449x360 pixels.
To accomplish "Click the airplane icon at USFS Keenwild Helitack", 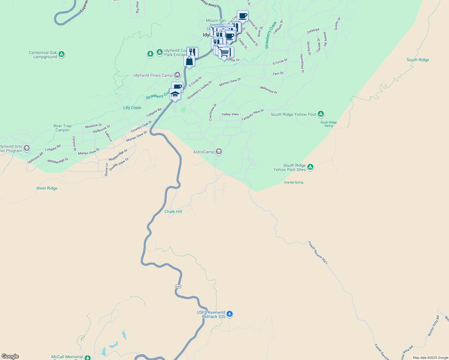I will click(230, 314).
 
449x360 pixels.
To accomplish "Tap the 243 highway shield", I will click(178, 286).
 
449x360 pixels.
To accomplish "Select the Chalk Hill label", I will click(173, 211).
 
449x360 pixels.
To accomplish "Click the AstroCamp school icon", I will click(219, 151).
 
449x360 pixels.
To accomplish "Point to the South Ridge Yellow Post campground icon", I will click(321, 114).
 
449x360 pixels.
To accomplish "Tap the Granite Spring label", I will click(294, 182).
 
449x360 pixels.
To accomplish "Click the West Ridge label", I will click(47, 188).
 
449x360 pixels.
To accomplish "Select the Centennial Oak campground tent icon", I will click(62, 54).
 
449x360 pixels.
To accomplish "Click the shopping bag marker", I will click(189, 61).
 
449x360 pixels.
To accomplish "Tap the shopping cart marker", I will click(224, 53).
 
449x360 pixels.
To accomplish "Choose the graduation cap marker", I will click(175, 94).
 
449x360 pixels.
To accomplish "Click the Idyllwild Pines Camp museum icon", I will click(177, 75).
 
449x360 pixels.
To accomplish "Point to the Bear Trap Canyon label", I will click(62, 128).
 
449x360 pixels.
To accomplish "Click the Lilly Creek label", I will click(132, 108).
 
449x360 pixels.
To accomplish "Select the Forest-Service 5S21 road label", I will click(318, 253).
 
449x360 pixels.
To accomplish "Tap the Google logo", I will click(10, 356).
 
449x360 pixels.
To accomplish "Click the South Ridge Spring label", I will click(328, 124).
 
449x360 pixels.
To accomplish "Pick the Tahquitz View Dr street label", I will click(252, 115).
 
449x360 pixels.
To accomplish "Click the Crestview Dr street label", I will click(212, 112).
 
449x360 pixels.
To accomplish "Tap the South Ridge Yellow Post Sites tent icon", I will click(310, 167).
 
